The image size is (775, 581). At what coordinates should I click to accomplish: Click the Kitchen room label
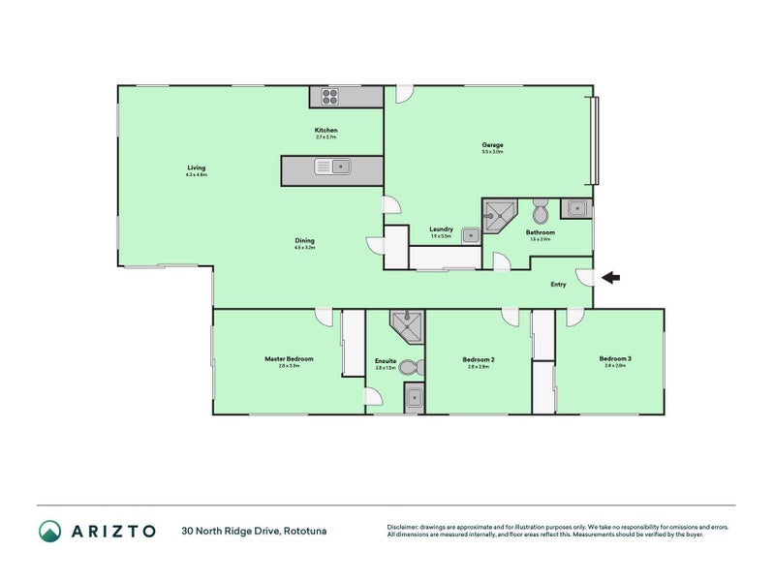point(325,131)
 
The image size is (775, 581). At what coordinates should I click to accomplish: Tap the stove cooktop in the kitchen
point(328,96)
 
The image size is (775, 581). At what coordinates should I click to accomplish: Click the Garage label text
point(492,145)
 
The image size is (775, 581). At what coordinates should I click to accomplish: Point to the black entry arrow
point(610,278)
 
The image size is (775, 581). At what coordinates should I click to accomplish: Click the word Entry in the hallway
point(558,284)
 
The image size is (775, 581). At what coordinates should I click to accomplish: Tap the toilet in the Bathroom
point(542,210)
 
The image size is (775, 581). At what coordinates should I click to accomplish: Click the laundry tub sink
point(469,233)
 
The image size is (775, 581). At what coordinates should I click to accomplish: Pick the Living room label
point(197,168)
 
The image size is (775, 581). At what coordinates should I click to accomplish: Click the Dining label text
point(305,241)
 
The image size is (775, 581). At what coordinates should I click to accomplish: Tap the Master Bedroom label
point(289,359)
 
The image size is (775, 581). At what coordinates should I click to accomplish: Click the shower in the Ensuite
point(407,325)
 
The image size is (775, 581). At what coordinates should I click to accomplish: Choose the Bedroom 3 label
point(616,358)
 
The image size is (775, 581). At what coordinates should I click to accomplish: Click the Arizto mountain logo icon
point(49,531)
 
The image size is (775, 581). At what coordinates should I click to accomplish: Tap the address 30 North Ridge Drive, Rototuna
point(257,531)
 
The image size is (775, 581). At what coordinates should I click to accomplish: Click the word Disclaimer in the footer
point(405,527)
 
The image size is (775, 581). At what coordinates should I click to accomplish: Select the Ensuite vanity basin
point(414,397)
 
